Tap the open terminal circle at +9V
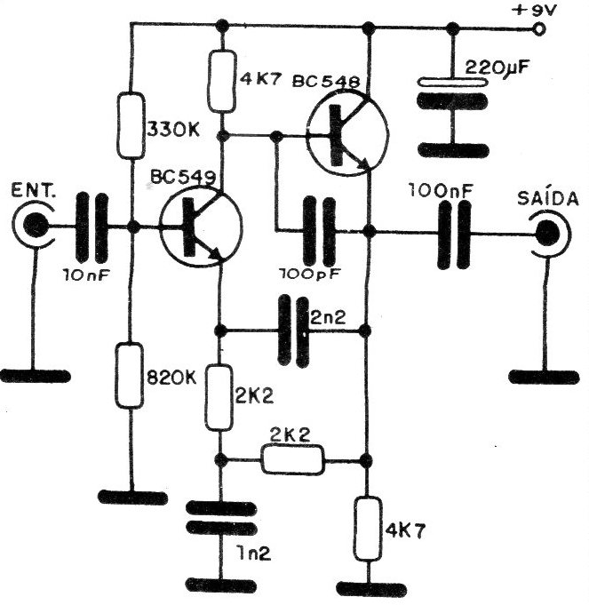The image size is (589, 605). tap(539, 29)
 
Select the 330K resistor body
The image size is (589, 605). tap(131, 125)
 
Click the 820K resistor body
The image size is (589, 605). tap(130, 376)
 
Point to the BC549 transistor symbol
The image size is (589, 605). tap(201, 227)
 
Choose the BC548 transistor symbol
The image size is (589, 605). tap(348, 134)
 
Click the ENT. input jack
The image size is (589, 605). tap(34, 225)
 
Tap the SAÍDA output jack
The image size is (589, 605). tap(548, 233)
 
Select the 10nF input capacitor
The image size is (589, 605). tap(92, 227)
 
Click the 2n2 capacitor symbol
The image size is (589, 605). tap(293, 330)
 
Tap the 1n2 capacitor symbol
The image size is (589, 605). tap(221, 518)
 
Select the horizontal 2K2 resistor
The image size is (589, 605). tap(293, 459)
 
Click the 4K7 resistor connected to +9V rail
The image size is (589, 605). tap(222, 82)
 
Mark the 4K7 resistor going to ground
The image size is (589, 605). tap(368, 529)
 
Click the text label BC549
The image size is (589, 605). tap(183, 177)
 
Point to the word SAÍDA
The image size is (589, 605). tap(548, 198)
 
